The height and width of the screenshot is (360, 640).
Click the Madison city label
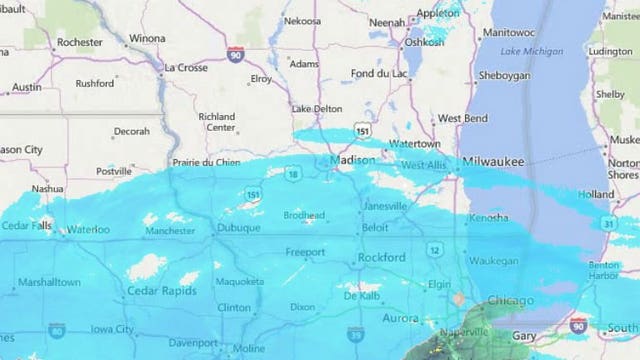(354, 161)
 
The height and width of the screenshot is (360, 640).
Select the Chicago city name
(510, 300)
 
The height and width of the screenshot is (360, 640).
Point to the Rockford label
(383, 257)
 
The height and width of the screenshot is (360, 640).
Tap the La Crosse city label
(185, 67)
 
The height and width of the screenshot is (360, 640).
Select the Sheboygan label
(504, 75)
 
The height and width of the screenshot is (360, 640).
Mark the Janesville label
(385, 206)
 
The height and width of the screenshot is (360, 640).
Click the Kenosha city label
(488, 217)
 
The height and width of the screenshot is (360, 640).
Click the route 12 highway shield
(436, 248)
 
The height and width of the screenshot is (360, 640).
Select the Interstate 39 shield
(355, 332)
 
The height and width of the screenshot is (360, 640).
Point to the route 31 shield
(606, 223)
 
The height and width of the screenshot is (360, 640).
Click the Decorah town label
(131, 131)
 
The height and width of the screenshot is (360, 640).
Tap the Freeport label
(305, 252)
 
